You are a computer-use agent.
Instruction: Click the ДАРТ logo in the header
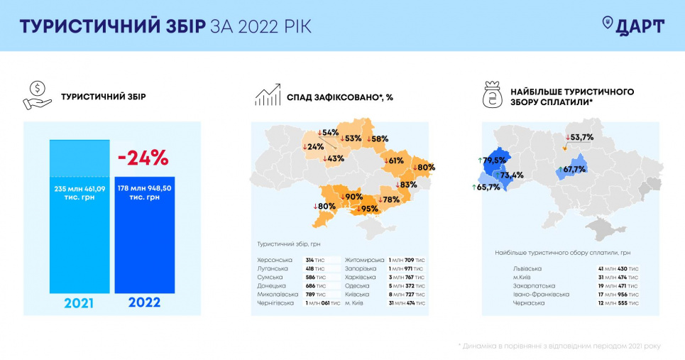(x=633, y=26)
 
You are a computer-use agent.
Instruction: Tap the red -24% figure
(x=143, y=158)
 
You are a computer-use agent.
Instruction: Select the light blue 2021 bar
(x=80, y=217)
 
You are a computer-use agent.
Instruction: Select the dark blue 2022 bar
(x=145, y=235)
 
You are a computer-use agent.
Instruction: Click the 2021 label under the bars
(x=79, y=302)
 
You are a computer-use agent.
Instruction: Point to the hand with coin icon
(x=37, y=96)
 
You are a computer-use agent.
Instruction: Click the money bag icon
(x=493, y=94)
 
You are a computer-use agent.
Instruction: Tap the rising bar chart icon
(x=268, y=94)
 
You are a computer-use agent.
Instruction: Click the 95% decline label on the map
(x=367, y=209)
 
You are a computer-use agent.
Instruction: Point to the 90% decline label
(x=351, y=197)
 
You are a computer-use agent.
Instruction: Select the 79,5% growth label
(x=492, y=160)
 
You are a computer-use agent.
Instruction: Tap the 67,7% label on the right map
(x=572, y=169)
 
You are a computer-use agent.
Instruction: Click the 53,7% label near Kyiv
(x=580, y=137)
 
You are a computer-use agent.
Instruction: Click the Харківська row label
(x=360, y=277)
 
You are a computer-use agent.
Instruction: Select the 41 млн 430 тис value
(x=618, y=268)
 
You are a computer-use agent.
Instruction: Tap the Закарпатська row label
(x=534, y=285)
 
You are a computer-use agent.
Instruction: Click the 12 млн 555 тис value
(x=618, y=302)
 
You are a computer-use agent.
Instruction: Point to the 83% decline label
(x=406, y=185)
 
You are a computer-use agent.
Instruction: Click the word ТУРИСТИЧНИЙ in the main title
(x=90, y=27)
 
